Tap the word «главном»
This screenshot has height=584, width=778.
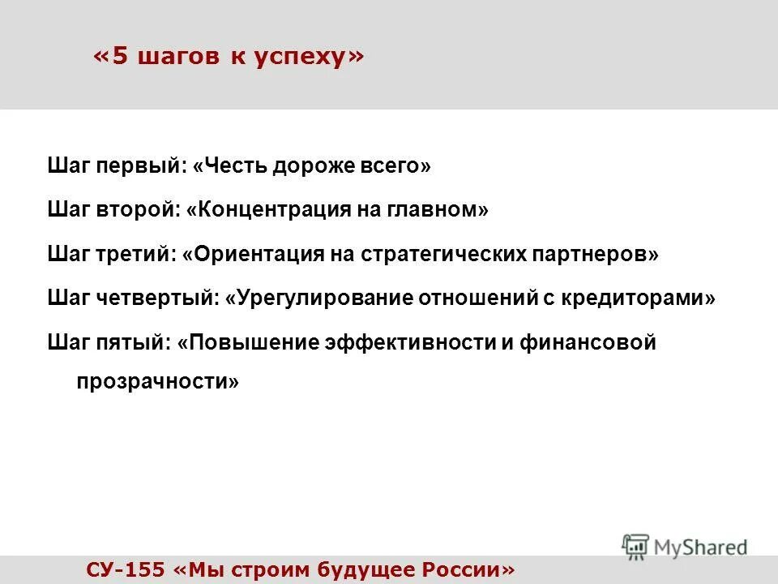coord(442,210)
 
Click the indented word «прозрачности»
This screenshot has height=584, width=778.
coord(158,380)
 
